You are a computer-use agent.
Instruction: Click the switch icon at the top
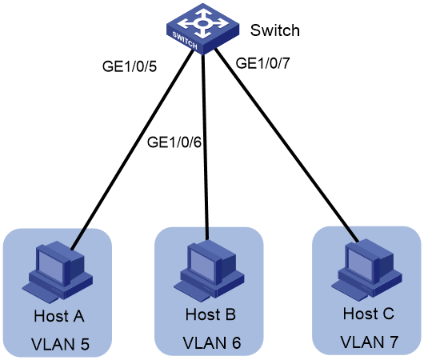pyautogui.click(x=202, y=29)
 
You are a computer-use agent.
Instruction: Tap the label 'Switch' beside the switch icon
pyautogui.click(x=274, y=30)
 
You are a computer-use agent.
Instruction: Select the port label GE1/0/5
pyautogui.click(x=130, y=66)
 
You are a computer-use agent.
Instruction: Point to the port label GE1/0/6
pyautogui.click(x=174, y=142)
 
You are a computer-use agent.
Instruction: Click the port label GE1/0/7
pyautogui.click(x=263, y=63)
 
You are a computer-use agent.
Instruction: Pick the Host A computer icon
pyautogui.click(x=58, y=272)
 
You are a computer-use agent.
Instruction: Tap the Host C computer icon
pyautogui.click(x=367, y=268)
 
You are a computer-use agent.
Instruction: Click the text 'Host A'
pyautogui.click(x=59, y=316)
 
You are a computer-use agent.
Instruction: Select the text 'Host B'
pyautogui.click(x=210, y=314)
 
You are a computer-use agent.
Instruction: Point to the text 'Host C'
pyautogui.click(x=368, y=314)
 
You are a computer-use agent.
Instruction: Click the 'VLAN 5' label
pyautogui.click(x=60, y=344)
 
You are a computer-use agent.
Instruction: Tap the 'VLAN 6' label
pyautogui.click(x=212, y=342)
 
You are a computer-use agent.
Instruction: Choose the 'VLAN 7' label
pyautogui.click(x=369, y=342)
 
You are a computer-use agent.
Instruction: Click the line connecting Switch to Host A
pyautogui.click(x=133, y=149)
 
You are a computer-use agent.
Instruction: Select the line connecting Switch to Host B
pyautogui.click(x=205, y=146)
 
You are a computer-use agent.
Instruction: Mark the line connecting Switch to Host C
pyautogui.click(x=286, y=146)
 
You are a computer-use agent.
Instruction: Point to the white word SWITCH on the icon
pyautogui.click(x=185, y=40)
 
